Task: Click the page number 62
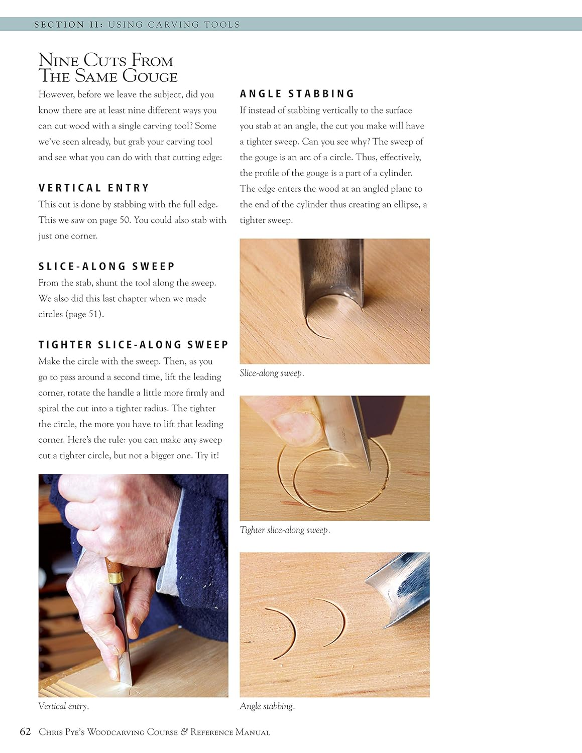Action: (25, 731)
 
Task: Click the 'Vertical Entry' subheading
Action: (94, 188)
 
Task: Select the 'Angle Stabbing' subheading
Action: (297, 94)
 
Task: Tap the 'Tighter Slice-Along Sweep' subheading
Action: (133, 345)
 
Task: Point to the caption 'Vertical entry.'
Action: (63, 706)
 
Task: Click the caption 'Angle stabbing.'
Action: (267, 706)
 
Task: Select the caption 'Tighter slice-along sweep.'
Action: (285, 530)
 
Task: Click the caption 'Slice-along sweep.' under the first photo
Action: (272, 373)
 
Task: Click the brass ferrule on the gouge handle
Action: (114, 577)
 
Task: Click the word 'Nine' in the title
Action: (58, 60)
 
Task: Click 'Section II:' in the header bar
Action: (67, 24)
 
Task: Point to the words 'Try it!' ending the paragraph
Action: (207, 456)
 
